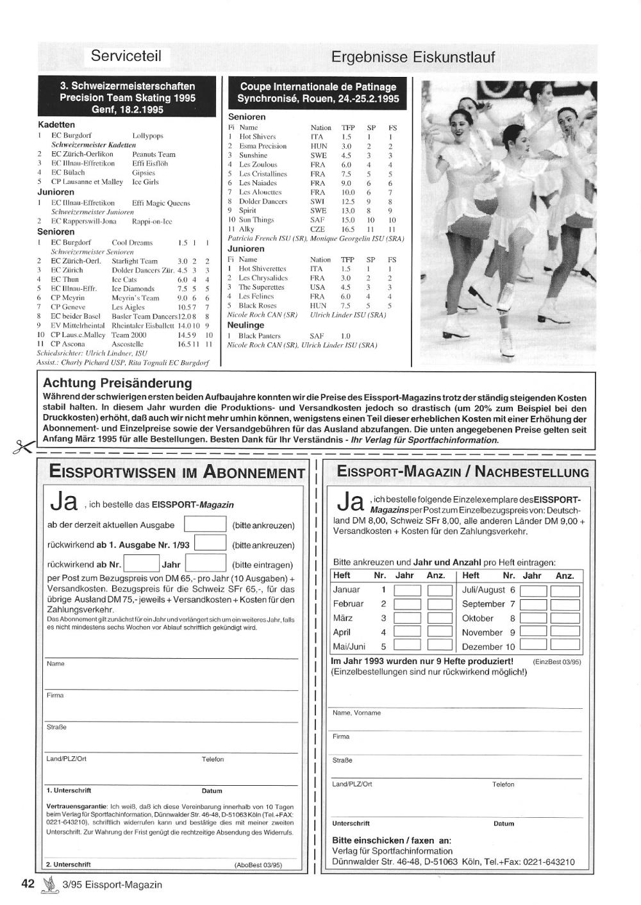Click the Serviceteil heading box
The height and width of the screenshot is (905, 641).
(126, 56)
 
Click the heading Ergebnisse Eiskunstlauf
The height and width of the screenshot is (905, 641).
(413, 57)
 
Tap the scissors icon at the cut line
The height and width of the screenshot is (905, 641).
(21, 446)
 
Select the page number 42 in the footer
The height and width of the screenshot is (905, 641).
(28, 884)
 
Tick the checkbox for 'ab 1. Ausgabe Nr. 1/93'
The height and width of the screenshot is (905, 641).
(210, 544)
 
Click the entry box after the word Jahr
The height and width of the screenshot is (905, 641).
(205, 564)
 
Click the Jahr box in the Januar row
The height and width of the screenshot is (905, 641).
(407, 590)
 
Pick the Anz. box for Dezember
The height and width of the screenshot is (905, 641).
(565, 646)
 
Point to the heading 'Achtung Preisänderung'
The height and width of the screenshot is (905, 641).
(117, 383)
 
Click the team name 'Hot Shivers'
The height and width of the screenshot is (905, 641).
(257, 137)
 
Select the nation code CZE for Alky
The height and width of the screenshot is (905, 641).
(317, 229)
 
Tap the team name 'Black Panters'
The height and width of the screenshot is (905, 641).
(260, 335)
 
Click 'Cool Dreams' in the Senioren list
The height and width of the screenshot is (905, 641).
(132, 243)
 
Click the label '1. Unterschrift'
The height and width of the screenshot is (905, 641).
(69, 790)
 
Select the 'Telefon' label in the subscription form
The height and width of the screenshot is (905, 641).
(213, 759)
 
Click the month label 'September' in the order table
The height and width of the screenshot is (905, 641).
(483, 604)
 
